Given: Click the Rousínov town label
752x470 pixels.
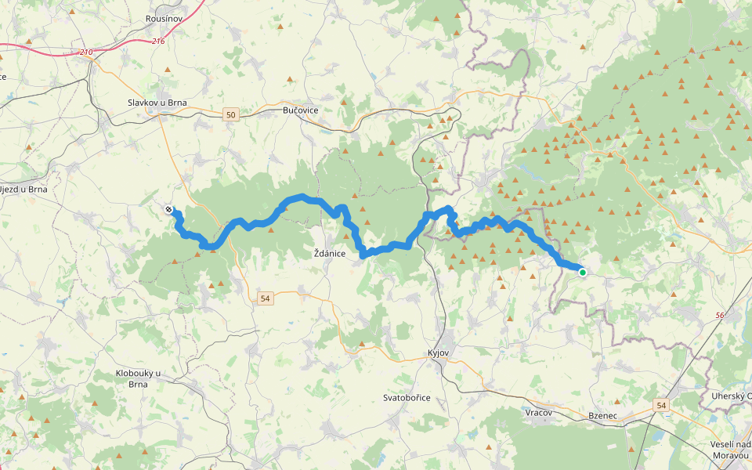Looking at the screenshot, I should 164,17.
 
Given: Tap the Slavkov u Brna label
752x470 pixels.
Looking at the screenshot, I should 160,103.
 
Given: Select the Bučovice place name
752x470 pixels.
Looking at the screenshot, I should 300,110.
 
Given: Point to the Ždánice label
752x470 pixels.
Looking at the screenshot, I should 330,253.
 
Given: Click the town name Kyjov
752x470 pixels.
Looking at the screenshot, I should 438,353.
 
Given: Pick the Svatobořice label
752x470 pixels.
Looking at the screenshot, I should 407,397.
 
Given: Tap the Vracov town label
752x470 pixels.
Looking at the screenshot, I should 539,412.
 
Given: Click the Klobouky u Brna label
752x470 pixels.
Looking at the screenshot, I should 138,378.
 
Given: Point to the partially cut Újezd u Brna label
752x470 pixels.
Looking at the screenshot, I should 23,189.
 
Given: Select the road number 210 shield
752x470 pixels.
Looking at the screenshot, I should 86,52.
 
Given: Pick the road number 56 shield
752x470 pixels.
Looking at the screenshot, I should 720,315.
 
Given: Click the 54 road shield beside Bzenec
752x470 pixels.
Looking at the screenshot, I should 662,404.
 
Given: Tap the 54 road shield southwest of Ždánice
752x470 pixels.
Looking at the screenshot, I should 266,298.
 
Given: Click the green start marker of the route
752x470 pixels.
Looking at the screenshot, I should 582,272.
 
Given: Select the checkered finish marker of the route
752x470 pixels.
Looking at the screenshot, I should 169,209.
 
